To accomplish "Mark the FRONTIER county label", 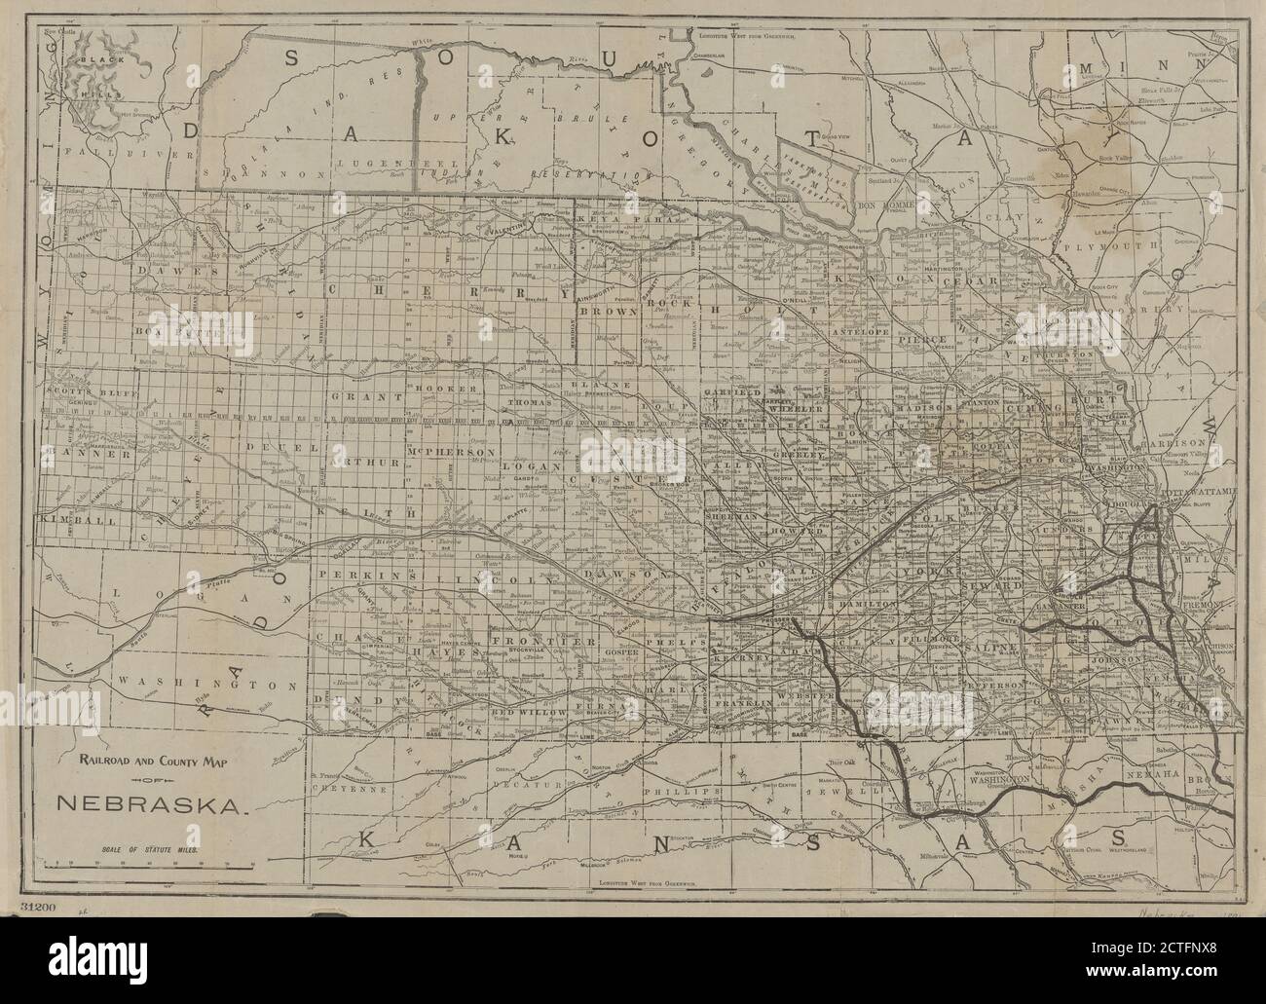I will pos(527,642).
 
